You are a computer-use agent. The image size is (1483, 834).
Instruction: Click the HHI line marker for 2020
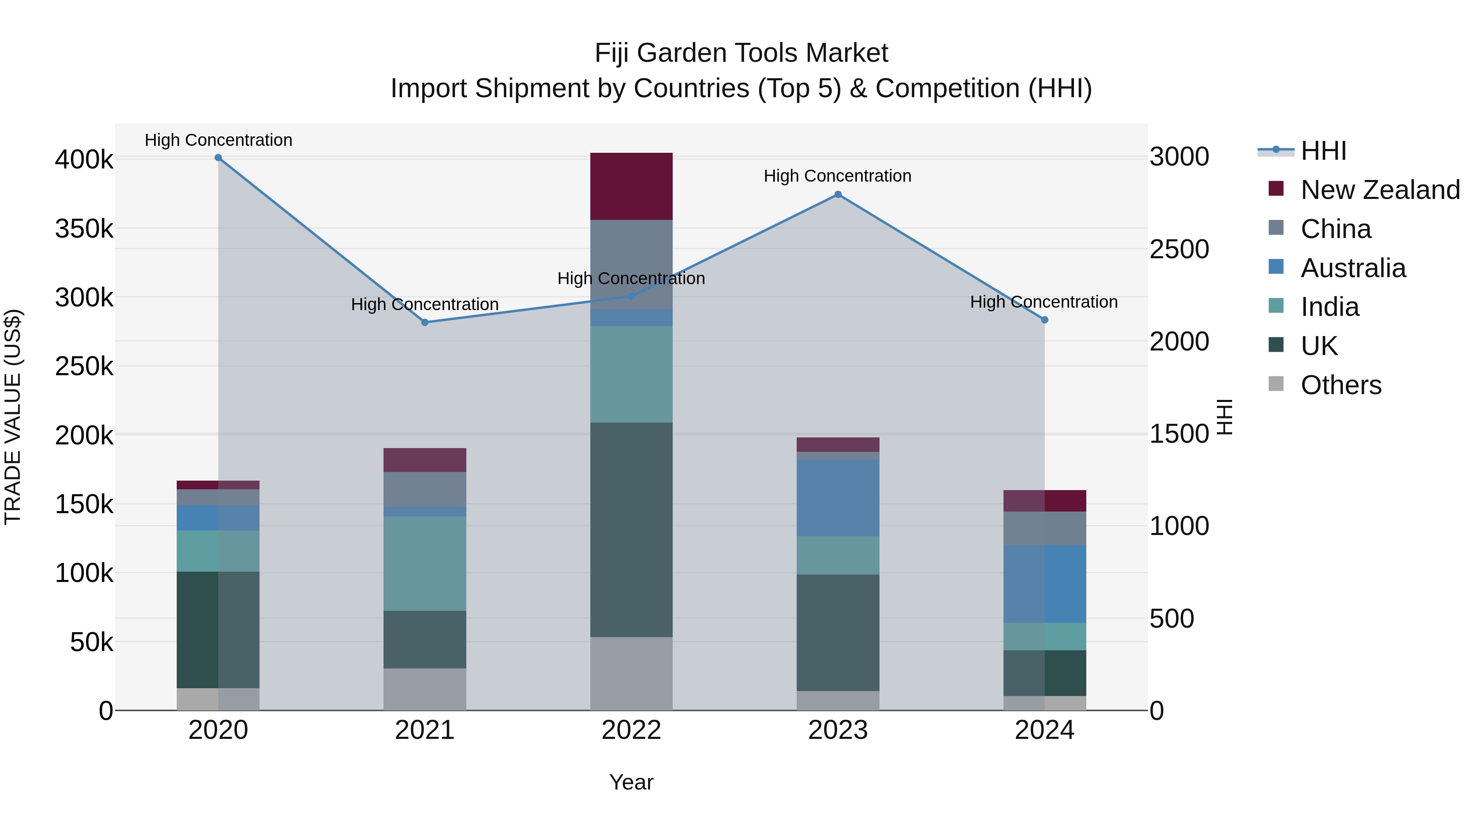(218, 158)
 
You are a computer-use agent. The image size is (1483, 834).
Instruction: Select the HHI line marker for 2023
(837, 194)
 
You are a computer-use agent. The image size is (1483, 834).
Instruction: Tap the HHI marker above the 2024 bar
(1044, 320)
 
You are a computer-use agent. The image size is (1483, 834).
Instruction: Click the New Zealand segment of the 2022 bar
(631, 187)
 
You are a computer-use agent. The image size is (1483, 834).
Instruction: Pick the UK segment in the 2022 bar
(631, 530)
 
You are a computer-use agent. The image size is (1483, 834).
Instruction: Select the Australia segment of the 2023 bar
(837, 498)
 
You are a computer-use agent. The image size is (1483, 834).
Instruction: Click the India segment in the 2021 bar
(425, 563)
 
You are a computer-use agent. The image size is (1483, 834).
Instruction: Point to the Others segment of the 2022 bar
(631, 673)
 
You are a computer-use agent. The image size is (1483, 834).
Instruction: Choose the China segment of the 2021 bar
(425, 489)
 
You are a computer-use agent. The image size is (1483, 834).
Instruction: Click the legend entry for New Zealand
(1379, 190)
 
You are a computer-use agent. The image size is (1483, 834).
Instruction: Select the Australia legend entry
(1353, 268)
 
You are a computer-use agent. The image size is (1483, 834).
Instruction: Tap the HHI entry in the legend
(1323, 151)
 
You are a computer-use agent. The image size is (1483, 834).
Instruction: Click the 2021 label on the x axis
(425, 730)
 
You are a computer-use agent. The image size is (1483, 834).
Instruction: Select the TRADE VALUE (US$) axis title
(13, 417)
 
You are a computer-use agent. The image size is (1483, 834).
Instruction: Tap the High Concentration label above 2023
(837, 176)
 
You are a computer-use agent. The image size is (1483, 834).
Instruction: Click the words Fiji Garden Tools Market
(741, 54)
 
